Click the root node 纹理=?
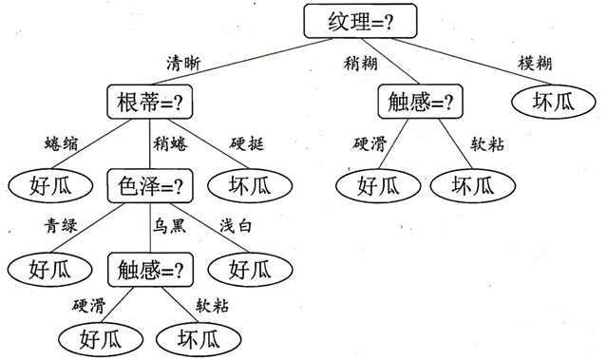pyautogui.click(x=349, y=22)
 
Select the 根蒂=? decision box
pyautogui.click(x=150, y=101)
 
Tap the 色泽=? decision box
pyautogui.click(x=150, y=184)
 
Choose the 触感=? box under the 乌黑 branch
pyautogui.click(x=150, y=268)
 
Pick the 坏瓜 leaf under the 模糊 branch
pyautogui.click(x=556, y=101)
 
